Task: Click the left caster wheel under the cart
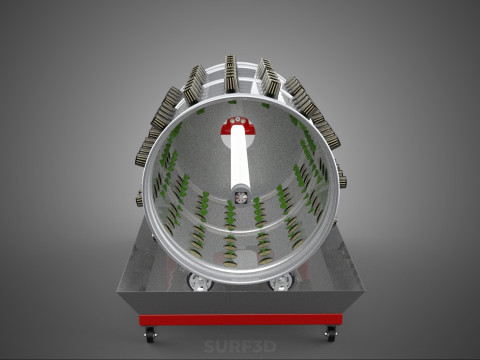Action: pos(150,335)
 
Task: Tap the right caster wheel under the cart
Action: pos(329,335)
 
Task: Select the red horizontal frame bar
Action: pos(240,320)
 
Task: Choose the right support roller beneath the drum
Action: pos(281,283)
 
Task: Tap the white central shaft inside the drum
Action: pos(240,160)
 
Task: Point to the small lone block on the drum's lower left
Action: pos(138,201)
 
